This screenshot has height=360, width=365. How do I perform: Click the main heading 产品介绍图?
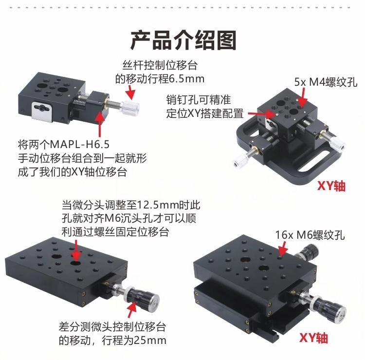[183, 40]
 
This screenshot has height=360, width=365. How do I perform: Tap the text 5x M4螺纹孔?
[326, 82]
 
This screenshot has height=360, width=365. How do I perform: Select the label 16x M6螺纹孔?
[310, 235]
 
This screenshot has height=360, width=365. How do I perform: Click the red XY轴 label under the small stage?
[331, 186]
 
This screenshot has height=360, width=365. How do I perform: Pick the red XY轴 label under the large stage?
[313, 338]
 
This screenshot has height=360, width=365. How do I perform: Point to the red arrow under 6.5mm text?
[130, 92]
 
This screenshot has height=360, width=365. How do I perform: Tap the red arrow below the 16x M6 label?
[283, 248]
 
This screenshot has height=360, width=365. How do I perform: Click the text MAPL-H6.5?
[79, 145]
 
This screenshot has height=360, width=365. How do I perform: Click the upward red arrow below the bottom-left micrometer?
[132, 309]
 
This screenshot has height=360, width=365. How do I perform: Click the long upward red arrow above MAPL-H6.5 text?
[100, 124]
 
